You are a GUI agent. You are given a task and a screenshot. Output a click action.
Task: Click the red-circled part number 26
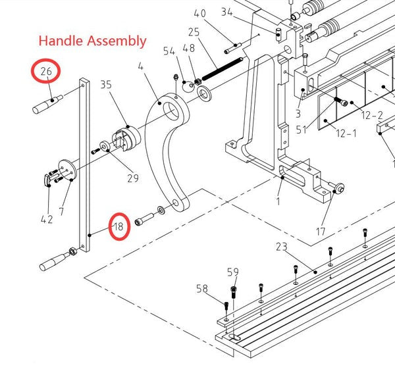click(x=46, y=72)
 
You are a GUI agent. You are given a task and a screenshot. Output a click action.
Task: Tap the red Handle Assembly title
click(x=92, y=41)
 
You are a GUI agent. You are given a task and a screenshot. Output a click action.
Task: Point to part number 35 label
click(x=106, y=85)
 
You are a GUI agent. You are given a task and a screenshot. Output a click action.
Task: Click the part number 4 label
click(x=140, y=66)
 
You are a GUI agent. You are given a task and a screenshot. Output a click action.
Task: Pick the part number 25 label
click(x=194, y=32)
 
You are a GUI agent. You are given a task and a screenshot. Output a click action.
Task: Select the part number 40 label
click(x=200, y=13)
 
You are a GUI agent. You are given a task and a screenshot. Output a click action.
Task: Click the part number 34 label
click(x=227, y=12)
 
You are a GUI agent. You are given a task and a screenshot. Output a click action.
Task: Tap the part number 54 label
click(x=169, y=51)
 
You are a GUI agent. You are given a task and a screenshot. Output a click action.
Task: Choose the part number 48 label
click(x=189, y=48)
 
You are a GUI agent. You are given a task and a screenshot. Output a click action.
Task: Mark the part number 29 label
click(x=133, y=178)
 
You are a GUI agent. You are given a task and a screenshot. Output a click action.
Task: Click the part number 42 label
click(x=46, y=219)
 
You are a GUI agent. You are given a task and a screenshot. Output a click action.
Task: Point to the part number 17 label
click(x=321, y=232)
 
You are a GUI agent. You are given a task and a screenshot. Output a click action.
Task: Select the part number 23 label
click(x=282, y=247)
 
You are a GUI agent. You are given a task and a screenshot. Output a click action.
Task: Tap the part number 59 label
click(x=233, y=272)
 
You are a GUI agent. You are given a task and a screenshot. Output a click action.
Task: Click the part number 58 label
click(x=203, y=288)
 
